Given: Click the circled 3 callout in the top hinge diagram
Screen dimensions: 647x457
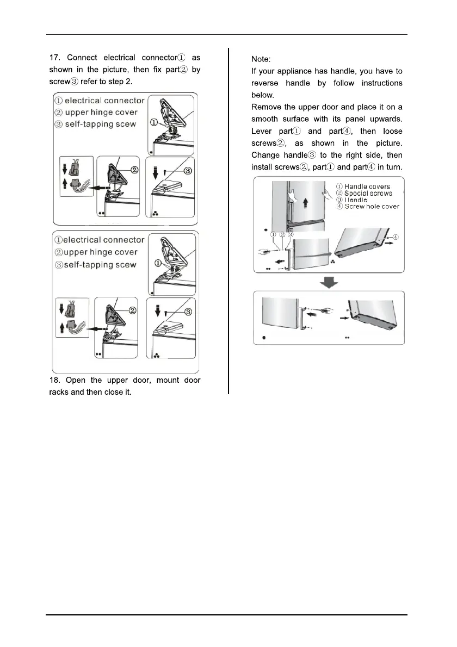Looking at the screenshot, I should [x=187, y=171].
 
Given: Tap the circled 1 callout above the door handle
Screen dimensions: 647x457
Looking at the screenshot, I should [x=273, y=235].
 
